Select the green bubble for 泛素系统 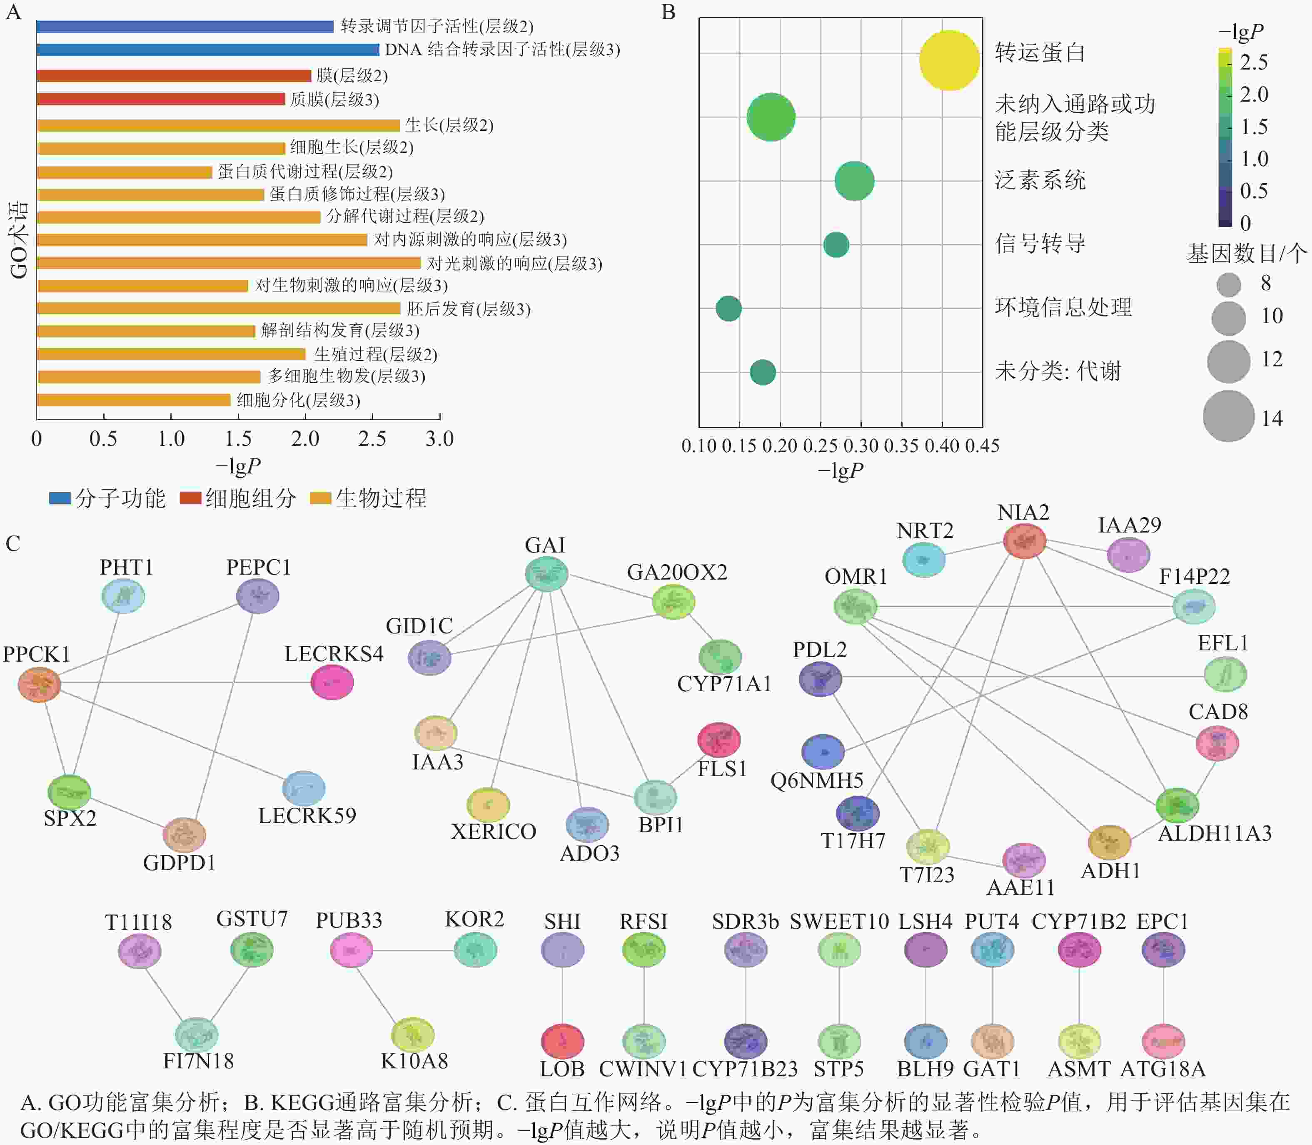pos(854,181)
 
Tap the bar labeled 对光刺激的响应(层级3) pos(228,263)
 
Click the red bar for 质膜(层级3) pos(160,99)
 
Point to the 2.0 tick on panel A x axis pos(305,438)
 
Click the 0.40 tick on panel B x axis pos(942,446)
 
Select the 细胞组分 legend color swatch pos(190,498)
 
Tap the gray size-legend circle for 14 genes pos(1228,416)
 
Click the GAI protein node pos(546,574)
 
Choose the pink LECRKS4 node pos(332,682)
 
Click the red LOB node pos(562,1041)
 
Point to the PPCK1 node pos(40,685)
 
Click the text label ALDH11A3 pos(1214,833)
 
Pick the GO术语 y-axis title pos(19,240)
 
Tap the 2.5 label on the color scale pos(1253,62)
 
